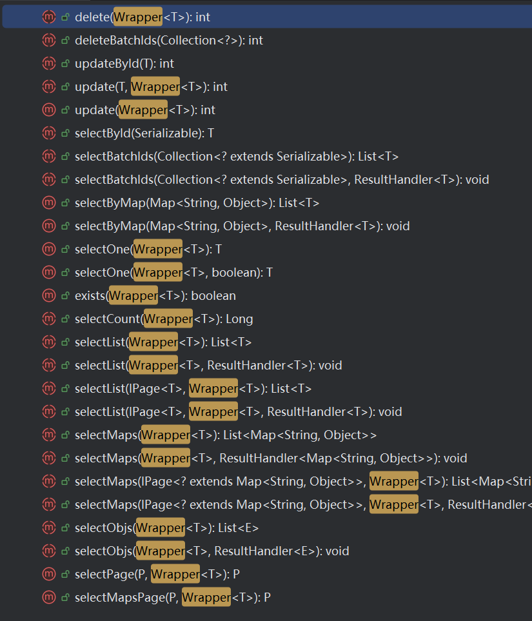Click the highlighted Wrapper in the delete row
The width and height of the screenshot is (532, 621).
pyautogui.click(x=137, y=17)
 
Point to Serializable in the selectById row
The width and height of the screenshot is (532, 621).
pyautogui.click(x=168, y=133)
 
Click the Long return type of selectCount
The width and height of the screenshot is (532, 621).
pyautogui.click(x=239, y=319)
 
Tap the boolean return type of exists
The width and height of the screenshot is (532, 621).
pyautogui.click(x=213, y=296)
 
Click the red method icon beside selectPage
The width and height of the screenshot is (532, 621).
pyautogui.click(x=49, y=574)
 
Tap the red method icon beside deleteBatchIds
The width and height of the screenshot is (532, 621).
pyautogui.click(x=49, y=40)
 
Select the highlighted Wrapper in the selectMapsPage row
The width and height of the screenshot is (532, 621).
pyautogui.click(x=206, y=598)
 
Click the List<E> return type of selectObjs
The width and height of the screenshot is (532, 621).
pyautogui.click(x=238, y=528)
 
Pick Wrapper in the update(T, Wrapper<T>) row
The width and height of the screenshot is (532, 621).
pyautogui.click(x=155, y=87)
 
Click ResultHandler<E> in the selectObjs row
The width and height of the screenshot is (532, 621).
pyautogui.click(x=266, y=551)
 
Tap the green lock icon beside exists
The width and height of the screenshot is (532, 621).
pyautogui.click(x=65, y=296)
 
